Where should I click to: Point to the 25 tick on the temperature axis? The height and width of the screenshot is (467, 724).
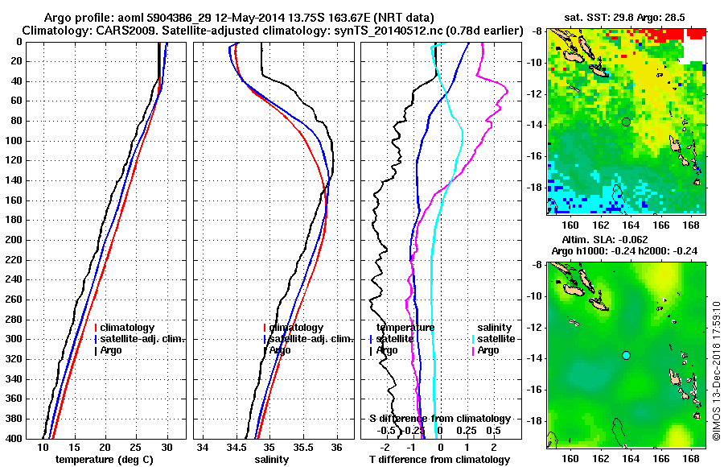pyautogui.click(x=136, y=447)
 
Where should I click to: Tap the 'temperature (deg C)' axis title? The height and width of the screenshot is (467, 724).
pyautogui.click(x=105, y=460)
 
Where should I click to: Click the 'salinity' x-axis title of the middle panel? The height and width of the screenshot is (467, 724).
pyautogui.click(x=273, y=460)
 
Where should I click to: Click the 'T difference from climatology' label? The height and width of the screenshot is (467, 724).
pyautogui.click(x=439, y=460)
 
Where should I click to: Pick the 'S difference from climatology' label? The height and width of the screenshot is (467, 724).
pyautogui.click(x=439, y=419)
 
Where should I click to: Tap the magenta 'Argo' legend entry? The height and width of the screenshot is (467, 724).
pyautogui.click(x=488, y=350)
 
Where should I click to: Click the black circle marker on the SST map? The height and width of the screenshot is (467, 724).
pyautogui.click(x=626, y=122)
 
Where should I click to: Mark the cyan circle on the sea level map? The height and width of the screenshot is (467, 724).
pyautogui.click(x=626, y=355)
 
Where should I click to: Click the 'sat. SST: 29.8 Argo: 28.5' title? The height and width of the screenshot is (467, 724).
pyautogui.click(x=626, y=18)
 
